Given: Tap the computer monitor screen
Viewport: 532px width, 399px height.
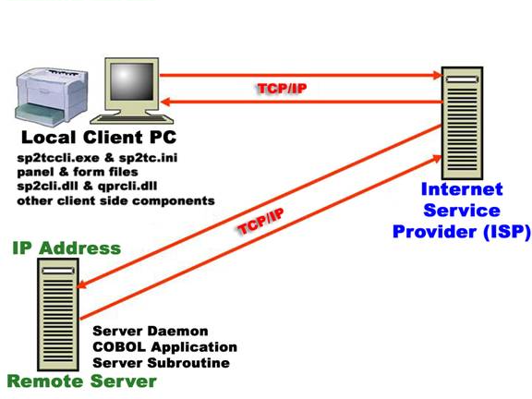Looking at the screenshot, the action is pyautogui.click(x=132, y=81).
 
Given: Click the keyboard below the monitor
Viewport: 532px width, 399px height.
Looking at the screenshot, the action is pyautogui.click(x=132, y=119).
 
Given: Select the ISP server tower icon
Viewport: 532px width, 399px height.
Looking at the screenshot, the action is pyautogui.click(x=462, y=123).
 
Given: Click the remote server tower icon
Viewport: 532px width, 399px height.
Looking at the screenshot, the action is pyautogui.click(x=58, y=315).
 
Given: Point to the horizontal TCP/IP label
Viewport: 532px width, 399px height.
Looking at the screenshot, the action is pyautogui.click(x=282, y=89).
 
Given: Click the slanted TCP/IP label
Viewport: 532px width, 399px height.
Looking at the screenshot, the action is pyautogui.click(x=260, y=222).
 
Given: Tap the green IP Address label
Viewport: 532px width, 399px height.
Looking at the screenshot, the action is pyautogui.click(x=66, y=248).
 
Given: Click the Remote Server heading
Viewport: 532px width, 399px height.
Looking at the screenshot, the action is pyautogui.click(x=82, y=381).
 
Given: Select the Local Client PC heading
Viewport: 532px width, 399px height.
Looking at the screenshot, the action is pyautogui.click(x=99, y=138).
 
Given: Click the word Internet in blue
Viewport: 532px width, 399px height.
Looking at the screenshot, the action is pyautogui.click(x=462, y=189).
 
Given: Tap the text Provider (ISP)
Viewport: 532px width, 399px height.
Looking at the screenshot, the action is pyautogui.click(x=462, y=232).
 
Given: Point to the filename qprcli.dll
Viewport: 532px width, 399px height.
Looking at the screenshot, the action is pyautogui.click(x=127, y=187).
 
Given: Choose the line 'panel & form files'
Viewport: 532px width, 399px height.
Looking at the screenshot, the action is pyautogui.click(x=78, y=172).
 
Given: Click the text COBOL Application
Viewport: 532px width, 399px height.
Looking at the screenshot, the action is pyautogui.click(x=165, y=346).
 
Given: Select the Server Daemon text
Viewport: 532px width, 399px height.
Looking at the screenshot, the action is pyautogui.click(x=151, y=331).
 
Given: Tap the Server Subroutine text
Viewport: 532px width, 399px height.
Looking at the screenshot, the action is pyautogui.click(x=161, y=363).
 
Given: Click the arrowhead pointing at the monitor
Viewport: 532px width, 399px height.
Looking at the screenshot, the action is pyautogui.click(x=165, y=102).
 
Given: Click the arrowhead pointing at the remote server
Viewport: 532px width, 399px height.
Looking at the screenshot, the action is pyautogui.click(x=82, y=284).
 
